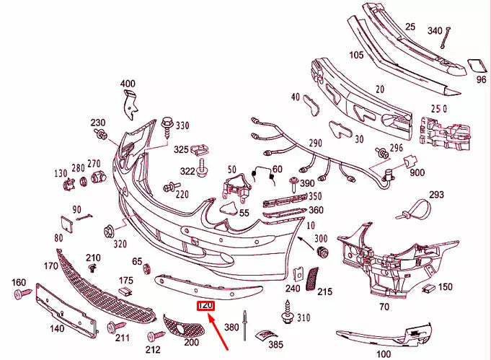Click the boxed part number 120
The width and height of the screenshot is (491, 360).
coord(205,307)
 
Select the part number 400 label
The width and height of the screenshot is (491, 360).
coord(128,84)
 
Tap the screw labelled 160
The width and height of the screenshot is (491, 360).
coord(21,294)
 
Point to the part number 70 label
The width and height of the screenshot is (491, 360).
coord(384,307)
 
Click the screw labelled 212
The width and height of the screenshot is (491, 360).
coord(154,336)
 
